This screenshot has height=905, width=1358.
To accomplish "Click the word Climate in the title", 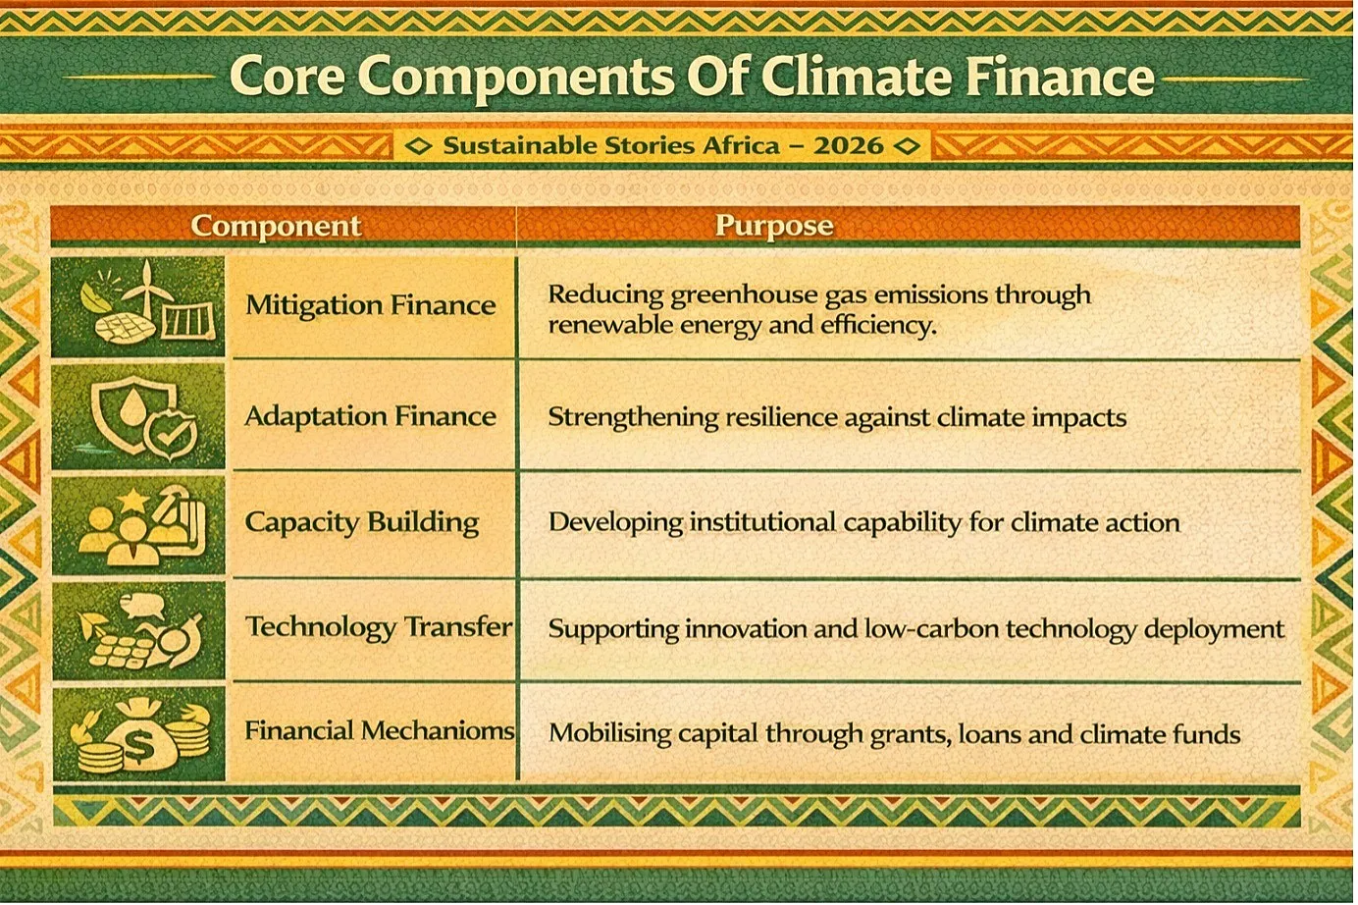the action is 857,77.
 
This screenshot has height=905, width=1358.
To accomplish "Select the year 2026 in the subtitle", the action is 848,145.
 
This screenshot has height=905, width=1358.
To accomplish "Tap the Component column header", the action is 276,226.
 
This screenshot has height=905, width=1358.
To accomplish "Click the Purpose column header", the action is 774,226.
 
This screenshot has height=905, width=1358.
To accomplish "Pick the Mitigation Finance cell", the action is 371,305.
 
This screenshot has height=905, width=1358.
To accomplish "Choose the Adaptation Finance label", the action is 371,417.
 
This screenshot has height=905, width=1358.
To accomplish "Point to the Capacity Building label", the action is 362,523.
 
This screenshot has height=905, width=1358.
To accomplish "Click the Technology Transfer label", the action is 379,627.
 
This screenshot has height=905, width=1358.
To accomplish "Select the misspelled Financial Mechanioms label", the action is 380,731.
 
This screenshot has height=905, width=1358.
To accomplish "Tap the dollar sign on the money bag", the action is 140,747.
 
